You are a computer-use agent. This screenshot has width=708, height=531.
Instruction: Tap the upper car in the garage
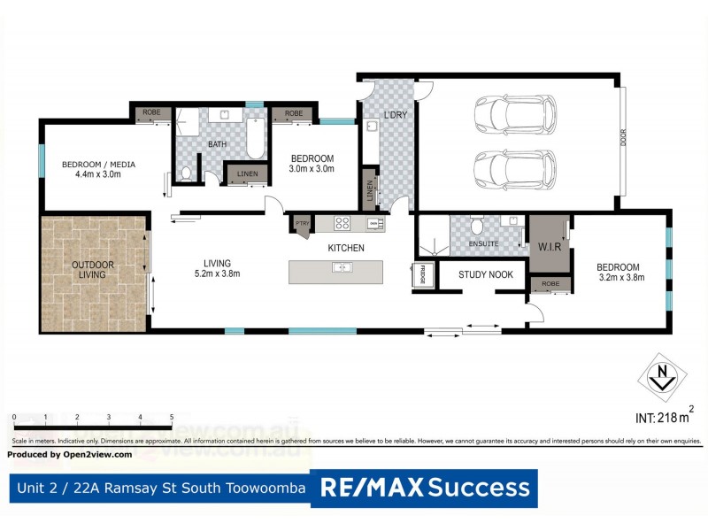[x=514, y=113]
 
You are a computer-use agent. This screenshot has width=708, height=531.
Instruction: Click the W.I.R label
[x=550, y=247]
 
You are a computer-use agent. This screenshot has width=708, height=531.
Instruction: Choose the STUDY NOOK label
[x=486, y=274]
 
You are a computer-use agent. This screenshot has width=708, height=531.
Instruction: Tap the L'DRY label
[x=394, y=116]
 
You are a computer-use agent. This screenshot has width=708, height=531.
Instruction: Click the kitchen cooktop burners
[x=342, y=222]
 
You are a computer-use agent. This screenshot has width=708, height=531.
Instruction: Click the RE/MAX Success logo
[x=425, y=487]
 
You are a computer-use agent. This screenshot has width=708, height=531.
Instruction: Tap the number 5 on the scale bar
[x=172, y=416]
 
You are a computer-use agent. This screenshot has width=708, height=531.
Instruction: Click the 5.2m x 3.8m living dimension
[x=217, y=273]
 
